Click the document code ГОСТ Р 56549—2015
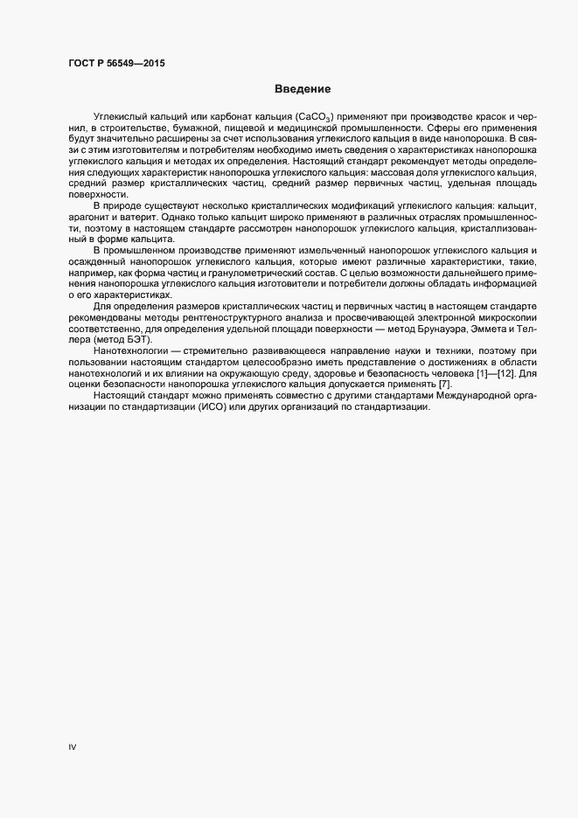click(x=115, y=64)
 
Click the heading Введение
click(x=302, y=89)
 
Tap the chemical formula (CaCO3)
click(x=320, y=117)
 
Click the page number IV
click(x=73, y=747)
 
